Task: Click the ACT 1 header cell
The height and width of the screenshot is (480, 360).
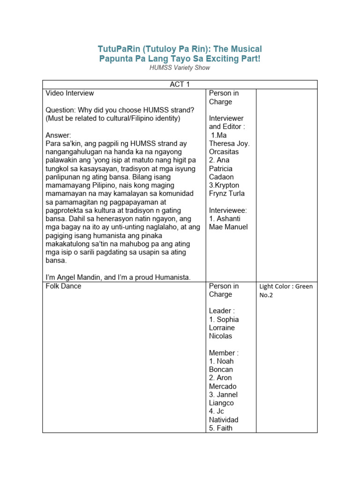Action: [x=180, y=84]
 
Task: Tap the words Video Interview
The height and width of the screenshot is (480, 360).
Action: [x=70, y=93]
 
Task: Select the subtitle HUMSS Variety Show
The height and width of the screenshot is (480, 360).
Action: [x=180, y=67]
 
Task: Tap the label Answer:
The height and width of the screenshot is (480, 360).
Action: [x=58, y=135]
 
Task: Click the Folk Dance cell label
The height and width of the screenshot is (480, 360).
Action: [x=63, y=286]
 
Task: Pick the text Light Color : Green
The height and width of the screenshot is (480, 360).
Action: [x=286, y=286]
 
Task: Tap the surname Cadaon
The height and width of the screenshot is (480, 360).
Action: [x=222, y=177]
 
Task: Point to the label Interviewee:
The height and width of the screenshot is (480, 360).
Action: [x=228, y=210]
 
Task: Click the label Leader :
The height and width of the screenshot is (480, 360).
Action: [x=222, y=311]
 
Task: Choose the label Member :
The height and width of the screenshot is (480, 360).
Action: [x=224, y=352]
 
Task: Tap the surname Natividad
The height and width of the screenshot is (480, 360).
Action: [x=224, y=420]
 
